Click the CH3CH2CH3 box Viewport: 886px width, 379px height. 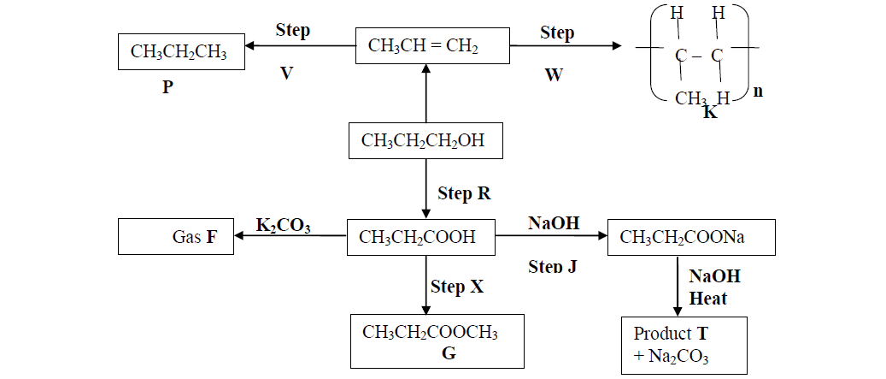179,52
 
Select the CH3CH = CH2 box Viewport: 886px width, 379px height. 424,45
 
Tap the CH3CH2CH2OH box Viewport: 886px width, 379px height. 423,140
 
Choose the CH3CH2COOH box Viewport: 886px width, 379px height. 421,237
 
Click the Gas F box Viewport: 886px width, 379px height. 176,237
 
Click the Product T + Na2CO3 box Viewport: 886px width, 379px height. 684,345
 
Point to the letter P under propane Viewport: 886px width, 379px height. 167,86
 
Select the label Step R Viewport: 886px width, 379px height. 465,193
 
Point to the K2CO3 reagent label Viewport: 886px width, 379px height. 283,226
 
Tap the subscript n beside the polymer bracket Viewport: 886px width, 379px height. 758,92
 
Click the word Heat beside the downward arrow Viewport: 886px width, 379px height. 708,298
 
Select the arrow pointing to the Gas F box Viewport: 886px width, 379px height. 290,238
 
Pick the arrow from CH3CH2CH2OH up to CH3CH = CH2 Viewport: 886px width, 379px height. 425,93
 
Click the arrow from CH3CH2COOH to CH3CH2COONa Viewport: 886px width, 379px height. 551,237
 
